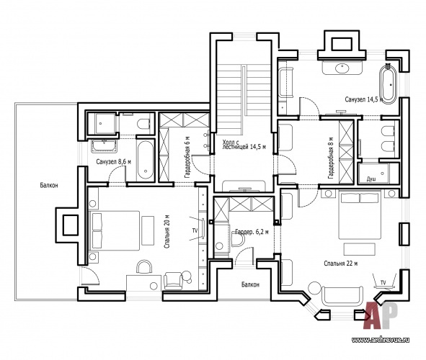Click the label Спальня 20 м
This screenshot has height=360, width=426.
tap(167, 231)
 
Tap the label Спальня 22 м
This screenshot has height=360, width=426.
tap(341, 263)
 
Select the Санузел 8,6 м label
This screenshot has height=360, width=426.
tap(114, 162)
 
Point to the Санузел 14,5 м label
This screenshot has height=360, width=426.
tap(364, 99)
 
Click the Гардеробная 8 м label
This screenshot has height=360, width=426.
tap(331, 158)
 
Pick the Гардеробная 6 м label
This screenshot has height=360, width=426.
tap(187, 158)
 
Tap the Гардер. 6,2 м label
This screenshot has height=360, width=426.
tap(252, 232)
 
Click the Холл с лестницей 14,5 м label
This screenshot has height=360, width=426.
tap(244, 145)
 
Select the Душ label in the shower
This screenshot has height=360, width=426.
tap(371, 179)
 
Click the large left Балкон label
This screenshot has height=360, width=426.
tap(49, 185)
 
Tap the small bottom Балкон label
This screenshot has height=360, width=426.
tap(250, 284)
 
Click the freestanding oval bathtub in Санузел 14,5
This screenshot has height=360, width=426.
tap(389, 84)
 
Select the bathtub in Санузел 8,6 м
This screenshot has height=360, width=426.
tap(145, 160)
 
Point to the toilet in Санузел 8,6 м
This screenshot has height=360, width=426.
tap(143, 125)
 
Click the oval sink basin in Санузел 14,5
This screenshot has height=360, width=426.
tap(342, 68)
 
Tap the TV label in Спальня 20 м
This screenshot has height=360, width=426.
tap(195, 230)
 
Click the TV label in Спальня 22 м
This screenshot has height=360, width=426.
tap(383, 283)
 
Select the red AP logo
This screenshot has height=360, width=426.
tap(381, 315)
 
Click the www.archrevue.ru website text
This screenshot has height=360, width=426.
tap(381, 340)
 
